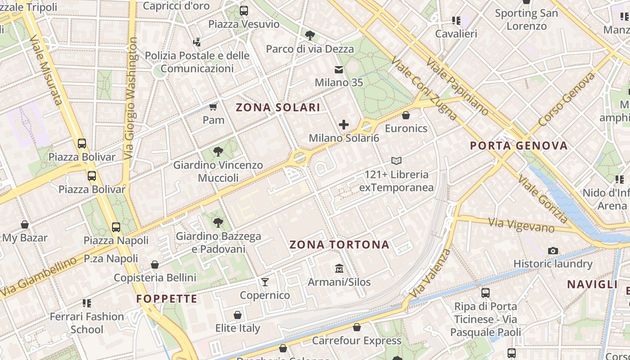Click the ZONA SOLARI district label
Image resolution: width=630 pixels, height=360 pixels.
point(278,107)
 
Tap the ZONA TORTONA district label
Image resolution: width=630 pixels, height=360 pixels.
point(339,245)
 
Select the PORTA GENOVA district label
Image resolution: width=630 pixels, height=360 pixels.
point(518,146)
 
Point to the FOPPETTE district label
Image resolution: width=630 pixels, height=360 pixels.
point(167,299)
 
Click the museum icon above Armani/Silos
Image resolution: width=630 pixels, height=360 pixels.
point(339,269)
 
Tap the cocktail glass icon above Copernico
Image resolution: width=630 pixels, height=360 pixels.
point(265,282)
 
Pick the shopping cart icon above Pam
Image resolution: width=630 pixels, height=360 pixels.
point(213,107)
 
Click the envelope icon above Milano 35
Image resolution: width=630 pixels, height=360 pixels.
point(338,70)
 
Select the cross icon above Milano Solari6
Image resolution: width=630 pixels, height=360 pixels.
point(344,125)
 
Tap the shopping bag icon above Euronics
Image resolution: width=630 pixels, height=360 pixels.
point(406,116)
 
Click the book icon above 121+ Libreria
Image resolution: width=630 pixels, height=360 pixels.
point(396,161)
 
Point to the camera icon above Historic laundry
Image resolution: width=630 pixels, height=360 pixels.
point(553,251)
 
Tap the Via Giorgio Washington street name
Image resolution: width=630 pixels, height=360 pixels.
point(131,98)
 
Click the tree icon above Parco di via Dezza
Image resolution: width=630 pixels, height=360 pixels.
point(310,36)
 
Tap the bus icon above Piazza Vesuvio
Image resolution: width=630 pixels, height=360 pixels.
point(244,11)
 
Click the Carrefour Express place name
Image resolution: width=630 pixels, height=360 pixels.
point(356,341)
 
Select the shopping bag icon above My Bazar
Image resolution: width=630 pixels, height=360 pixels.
point(25,225)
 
